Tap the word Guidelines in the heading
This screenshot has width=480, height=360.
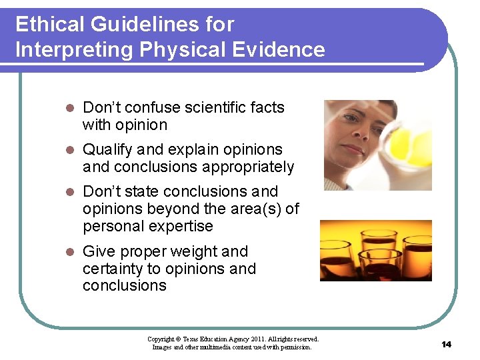click(x=139, y=25)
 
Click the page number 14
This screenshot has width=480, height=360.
click(x=446, y=344)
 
